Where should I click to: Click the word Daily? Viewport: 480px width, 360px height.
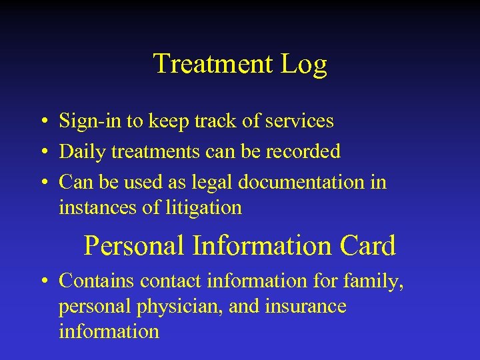tap(83, 152)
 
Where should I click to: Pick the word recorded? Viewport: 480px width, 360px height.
tap(303, 151)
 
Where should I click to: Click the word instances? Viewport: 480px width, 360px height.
tap(99, 208)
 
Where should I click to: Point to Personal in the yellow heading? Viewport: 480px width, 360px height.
tap(134, 245)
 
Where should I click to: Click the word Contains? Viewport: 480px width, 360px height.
tap(97, 281)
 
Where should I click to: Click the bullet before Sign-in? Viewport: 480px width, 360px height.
tap(43, 122)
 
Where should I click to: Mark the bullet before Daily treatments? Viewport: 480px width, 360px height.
tap(43, 153)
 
